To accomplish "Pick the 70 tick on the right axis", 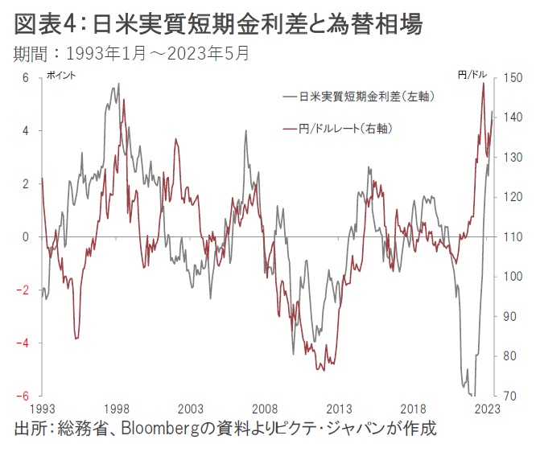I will pos(511,396).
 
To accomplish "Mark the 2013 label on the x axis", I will pos(339,409).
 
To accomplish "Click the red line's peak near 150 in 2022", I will pos(483,83).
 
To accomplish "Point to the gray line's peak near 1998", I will pos(119,84).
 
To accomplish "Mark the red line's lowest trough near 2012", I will pos(323,370).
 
